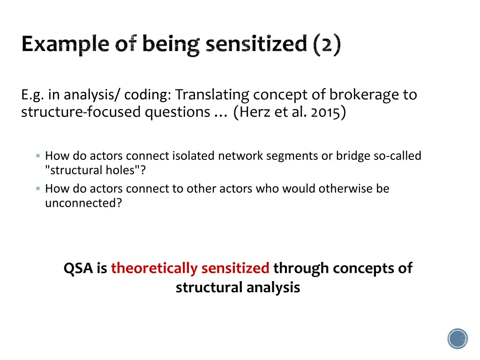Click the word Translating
click(212, 95)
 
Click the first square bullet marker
click(38, 155)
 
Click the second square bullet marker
click(38, 188)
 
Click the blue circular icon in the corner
click(457, 338)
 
